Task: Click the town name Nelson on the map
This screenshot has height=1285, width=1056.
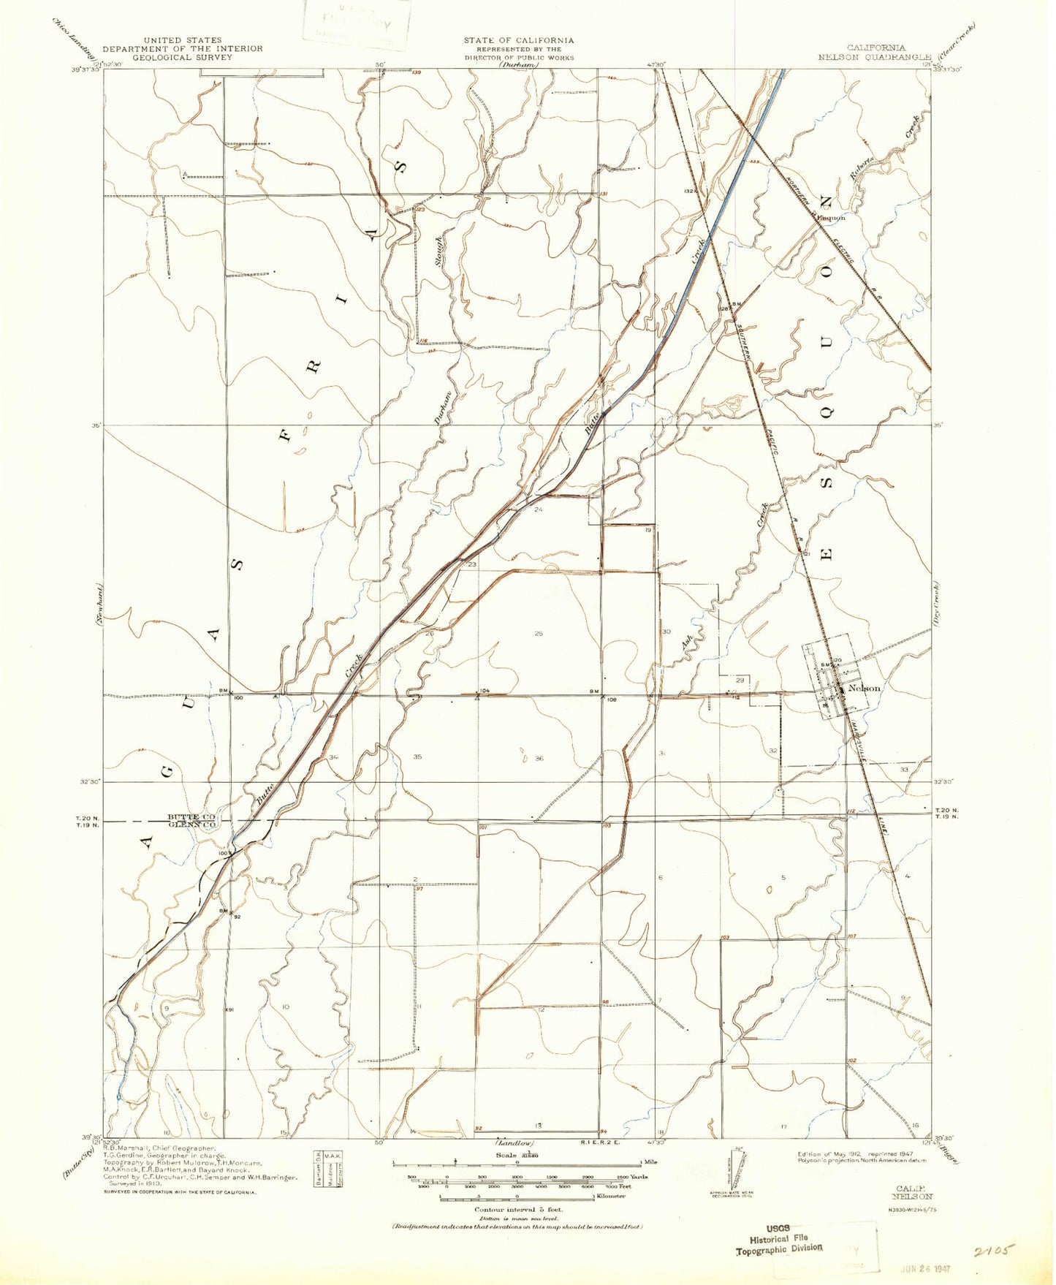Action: (x=865, y=688)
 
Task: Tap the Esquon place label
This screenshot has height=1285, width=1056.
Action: (x=831, y=217)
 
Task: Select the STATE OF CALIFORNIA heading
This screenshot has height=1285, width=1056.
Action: (x=518, y=41)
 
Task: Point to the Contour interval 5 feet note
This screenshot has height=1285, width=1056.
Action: (x=517, y=1210)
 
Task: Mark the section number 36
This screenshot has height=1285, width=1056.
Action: (x=539, y=759)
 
